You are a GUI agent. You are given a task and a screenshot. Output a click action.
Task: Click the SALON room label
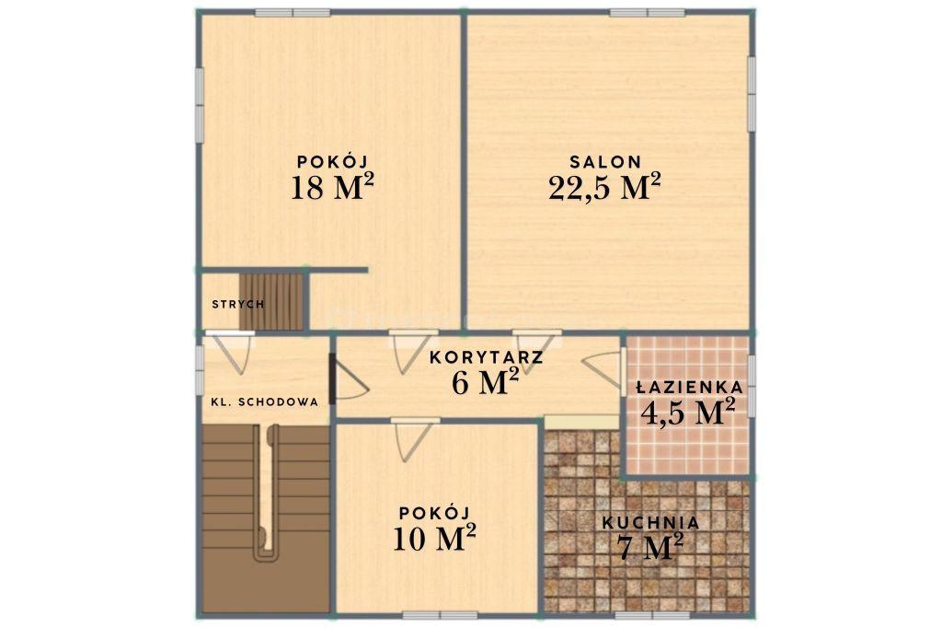click(x=605, y=161)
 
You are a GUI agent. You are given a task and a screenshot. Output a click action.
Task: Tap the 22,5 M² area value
click(x=604, y=187)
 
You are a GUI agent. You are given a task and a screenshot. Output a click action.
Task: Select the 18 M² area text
click(x=332, y=187)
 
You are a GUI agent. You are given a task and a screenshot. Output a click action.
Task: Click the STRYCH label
click(x=238, y=305)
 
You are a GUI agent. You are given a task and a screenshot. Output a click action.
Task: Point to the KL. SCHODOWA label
click(x=264, y=402)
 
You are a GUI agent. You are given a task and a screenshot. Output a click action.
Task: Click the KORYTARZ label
click(x=487, y=357)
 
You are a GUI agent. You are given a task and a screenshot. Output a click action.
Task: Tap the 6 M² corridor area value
click(x=486, y=382)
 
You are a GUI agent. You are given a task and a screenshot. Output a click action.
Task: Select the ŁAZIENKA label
click(x=690, y=388)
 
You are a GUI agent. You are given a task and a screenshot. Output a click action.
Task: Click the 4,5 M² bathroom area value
click(x=688, y=412)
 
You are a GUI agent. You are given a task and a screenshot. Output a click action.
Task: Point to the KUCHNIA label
click(x=650, y=523)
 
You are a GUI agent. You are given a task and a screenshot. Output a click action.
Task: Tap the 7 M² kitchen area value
click(x=650, y=547)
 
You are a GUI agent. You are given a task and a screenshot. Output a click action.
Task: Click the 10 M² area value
click(x=434, y=538)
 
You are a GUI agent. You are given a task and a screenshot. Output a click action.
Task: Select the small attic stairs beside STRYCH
click(x=271, y=302)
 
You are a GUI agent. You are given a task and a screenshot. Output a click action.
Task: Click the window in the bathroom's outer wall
click(x=751, y=386)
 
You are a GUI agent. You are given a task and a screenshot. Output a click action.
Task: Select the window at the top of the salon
click(x=647, y=13)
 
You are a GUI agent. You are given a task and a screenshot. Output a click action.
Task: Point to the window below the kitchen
click(x=652, y=615)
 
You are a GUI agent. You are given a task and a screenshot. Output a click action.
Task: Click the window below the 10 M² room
click(x=440, y=615)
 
